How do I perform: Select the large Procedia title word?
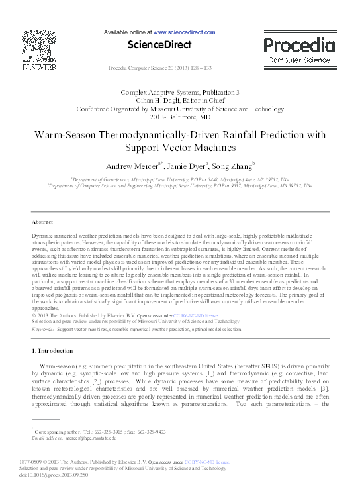pos(299,46)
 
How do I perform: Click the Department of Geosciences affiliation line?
pos(179,179)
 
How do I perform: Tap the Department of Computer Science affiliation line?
pos(179,186)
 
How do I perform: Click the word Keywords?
pos(43,328)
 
